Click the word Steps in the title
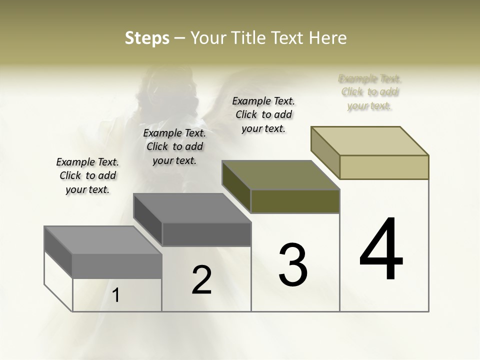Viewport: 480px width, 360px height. pyautogui.click(x=147, y=38)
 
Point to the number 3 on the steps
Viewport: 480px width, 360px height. pyautogui.click(x=293, y=265)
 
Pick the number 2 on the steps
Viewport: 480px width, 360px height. pyautogui.click(x=202, y=280)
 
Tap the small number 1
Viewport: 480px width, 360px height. pyautogui.click(x=116, y=295)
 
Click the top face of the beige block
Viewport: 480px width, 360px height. pyautogui.click(x=370, y=140)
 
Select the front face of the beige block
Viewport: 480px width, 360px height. pyautogui.click(x=384, y=167)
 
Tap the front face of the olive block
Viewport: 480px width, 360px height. pyautogui.click(x=295, y=201)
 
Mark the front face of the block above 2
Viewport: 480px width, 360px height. pyautogui.click(x=206, y=234)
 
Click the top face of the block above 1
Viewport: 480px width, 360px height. pyautogui.click(x=103, y=240)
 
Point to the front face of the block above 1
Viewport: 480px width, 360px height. pyautogui.click(x=117, y=266)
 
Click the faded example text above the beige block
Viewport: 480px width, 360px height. pyautogui.click(x=370, y=92)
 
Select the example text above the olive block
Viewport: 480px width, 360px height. pyautogui.click(x=263, y=114)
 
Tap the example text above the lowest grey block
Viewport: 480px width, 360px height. pyautogui.click(x=87, y=175)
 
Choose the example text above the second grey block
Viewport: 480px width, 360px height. pyautogui.click(x=174, y=146)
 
